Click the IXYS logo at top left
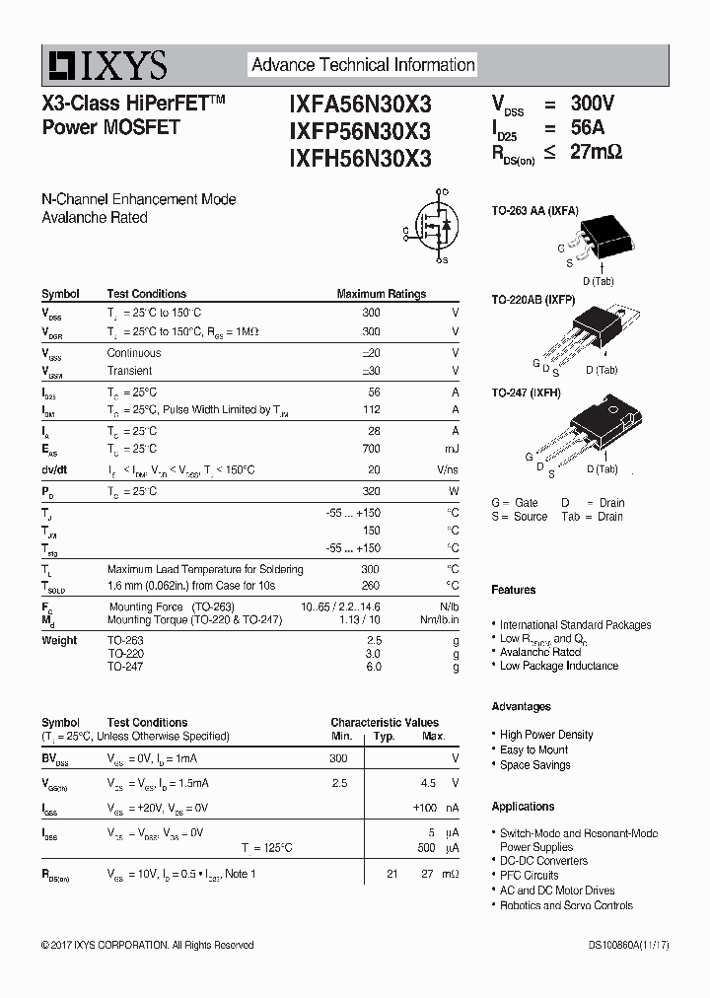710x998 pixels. (105, 66)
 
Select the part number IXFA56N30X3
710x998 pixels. (360, 104)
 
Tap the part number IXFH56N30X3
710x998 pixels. (360, 158)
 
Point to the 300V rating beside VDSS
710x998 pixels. (592, 104)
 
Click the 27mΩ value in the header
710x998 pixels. (596, 153)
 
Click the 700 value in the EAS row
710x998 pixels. (371, 449)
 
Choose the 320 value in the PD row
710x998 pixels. (371, 491)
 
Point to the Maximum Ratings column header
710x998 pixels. (381, 294)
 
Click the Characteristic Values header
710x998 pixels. (385, 723)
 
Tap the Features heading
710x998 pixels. (514, 590)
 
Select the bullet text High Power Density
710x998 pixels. (546, 735)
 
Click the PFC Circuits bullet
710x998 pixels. (529, 876)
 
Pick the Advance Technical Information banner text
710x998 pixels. (363, 65)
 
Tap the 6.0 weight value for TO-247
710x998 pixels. (373, 668)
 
